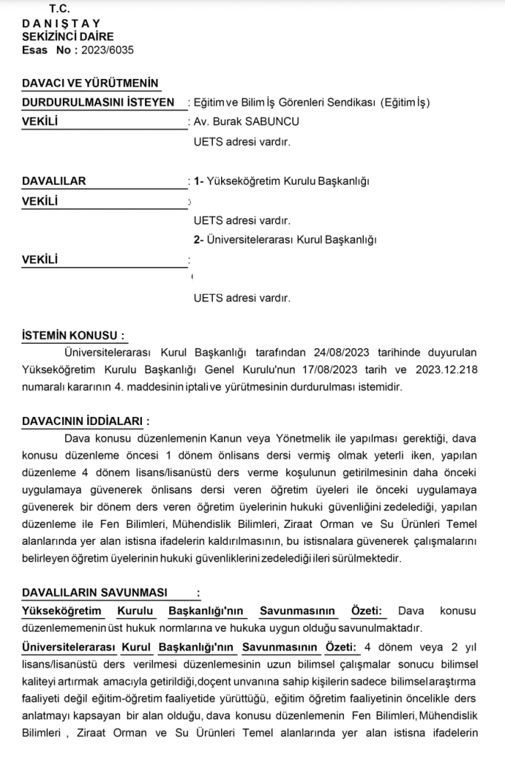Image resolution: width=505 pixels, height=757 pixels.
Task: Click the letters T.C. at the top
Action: pos(59,9)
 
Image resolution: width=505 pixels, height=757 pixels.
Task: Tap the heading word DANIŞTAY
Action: pos(61,23)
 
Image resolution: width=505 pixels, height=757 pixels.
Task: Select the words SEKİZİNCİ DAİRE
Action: pos(68,36)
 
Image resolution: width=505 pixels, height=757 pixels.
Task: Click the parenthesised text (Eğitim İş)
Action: pos(404,103)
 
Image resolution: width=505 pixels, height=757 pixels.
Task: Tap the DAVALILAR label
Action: pos(54,180)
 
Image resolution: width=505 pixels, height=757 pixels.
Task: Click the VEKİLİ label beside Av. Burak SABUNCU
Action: pos(40,122)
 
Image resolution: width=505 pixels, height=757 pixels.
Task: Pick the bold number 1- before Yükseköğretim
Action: pos(198,180)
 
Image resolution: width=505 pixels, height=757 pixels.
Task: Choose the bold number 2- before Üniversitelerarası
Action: pos(198,240)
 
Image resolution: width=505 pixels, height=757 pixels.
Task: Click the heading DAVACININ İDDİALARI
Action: pos(82,421)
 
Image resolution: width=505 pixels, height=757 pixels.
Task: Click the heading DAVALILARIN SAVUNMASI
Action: pos(95,593)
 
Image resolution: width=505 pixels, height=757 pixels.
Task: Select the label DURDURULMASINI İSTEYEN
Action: pos(98,103)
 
